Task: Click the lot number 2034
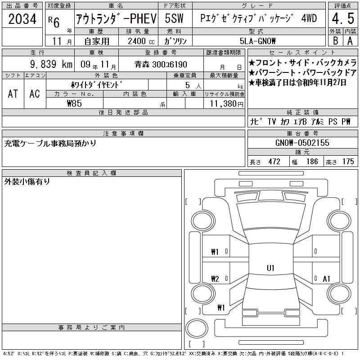22,19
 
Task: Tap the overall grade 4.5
343,18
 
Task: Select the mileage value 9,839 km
51,64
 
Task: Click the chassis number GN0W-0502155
302,143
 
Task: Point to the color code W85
74,103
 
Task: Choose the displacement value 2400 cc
141,41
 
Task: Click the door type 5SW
174,18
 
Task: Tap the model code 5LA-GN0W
257,41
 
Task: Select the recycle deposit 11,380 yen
226,103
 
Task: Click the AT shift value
13,94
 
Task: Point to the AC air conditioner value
35,94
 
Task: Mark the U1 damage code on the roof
270,268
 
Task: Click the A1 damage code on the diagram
326,279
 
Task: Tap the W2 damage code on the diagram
215,279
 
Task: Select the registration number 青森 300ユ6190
161,64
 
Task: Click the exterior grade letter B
335,41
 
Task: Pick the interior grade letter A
350,41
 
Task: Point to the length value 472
274,162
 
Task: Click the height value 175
348,162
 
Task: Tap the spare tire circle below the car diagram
197,328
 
